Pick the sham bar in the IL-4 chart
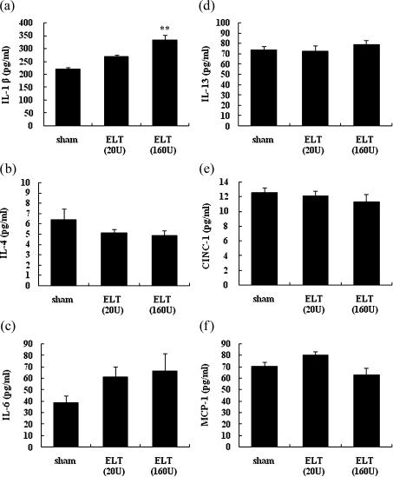(68, 252)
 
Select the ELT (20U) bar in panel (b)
(116, 259)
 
